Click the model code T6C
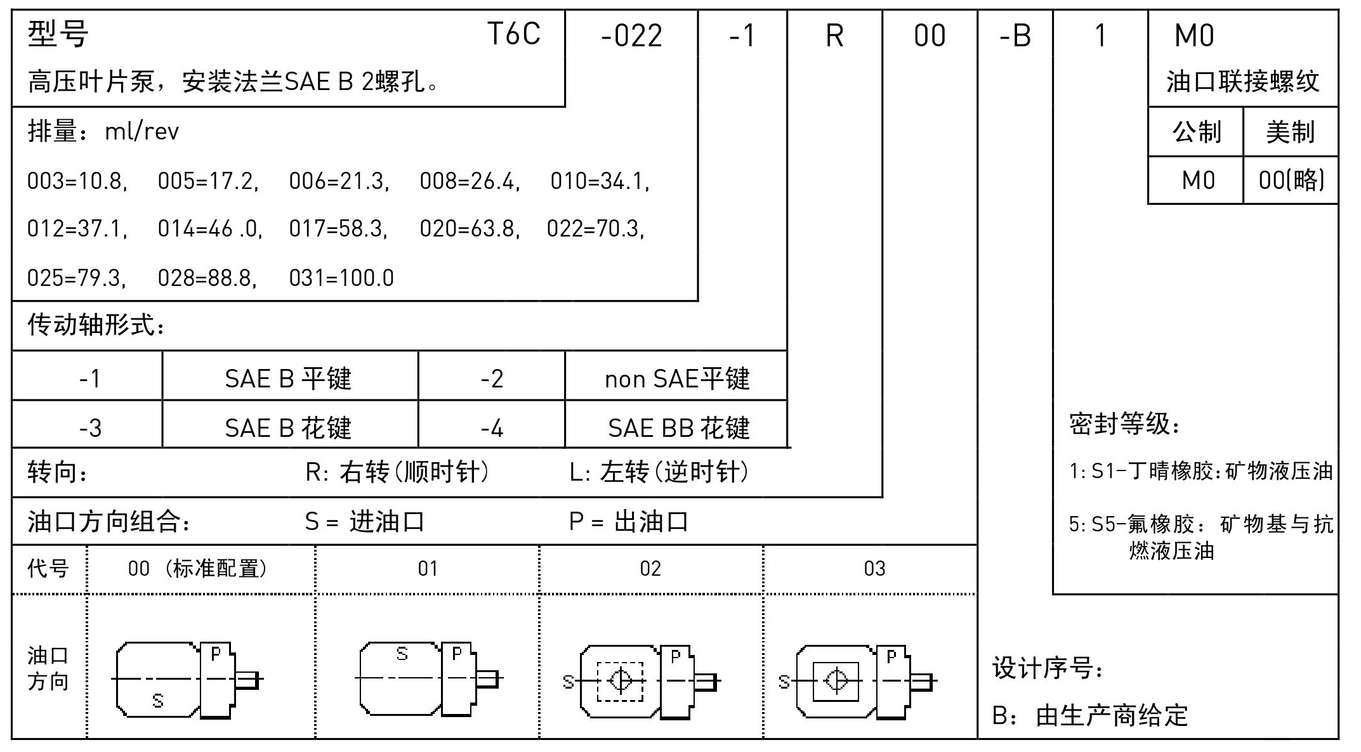[x=513, y=34]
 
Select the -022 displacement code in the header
[x=631, y=36]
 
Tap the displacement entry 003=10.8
[x=77, y=182]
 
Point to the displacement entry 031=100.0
[x=341, y=278]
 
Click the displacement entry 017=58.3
[x=338, y=229]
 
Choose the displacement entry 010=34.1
[x=600, y=182]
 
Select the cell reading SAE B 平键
[x=289, y=379]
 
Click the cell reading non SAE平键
[x=677, y=379]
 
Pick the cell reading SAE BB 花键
[x=678, y=428]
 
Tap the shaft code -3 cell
[x=90, y=429]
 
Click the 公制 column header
[x=1197, y=132]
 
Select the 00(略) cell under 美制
[x=1291, y=181]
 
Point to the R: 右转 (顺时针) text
[x=398, y=472]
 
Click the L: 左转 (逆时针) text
[x=660, y=472]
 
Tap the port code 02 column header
[x=650, y=569]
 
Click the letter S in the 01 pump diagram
[x=402, y=654]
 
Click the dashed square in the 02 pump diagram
[x=620, y=682]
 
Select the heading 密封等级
[x=1125, y=424]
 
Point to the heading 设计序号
[x=1048, y=669]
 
